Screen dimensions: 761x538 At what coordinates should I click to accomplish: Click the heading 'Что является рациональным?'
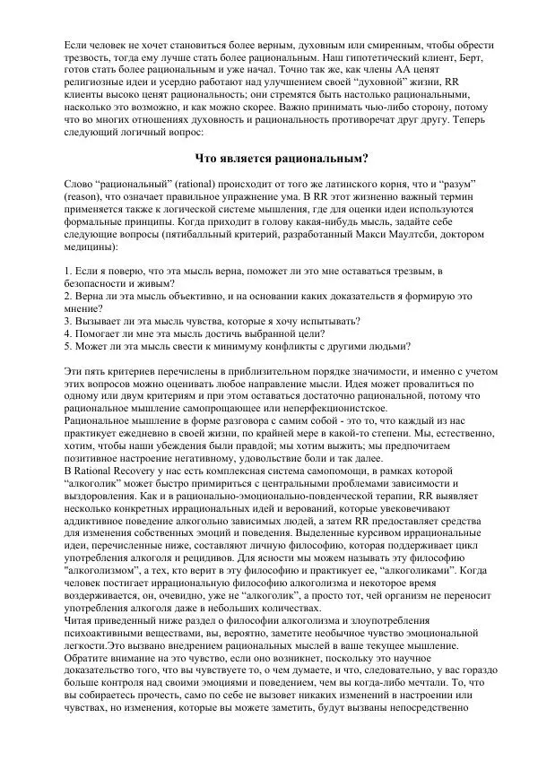tap(270, 160)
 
